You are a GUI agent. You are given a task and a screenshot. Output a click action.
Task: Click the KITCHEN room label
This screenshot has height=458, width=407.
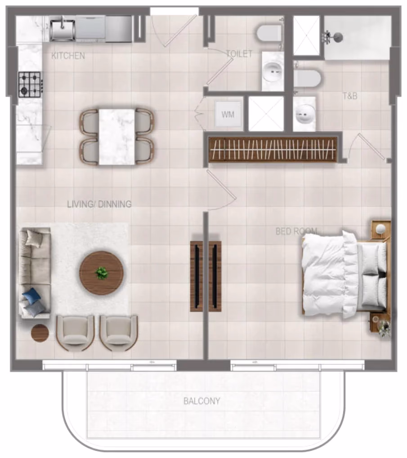click(x=68, y=55)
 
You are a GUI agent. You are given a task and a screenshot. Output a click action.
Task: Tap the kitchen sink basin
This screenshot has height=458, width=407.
click(x=63, y=30)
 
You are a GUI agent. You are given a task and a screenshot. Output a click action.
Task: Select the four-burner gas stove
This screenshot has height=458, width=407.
click(x=30, y=84)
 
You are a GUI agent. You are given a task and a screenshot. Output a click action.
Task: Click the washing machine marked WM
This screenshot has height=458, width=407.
click(x=228, y=115)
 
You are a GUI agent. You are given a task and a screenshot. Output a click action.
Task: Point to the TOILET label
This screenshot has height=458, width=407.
click(x=239, y=54)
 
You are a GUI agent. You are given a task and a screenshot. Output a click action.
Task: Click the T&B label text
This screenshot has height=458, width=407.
click(x=350, y=96)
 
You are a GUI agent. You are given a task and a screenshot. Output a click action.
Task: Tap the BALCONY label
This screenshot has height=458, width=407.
click(x=201, y=401)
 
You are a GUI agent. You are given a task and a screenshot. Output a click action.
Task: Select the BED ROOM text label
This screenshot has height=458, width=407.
click(x=296, y=231)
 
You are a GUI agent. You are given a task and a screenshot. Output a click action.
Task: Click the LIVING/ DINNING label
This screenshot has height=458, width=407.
click(x=99, y=204)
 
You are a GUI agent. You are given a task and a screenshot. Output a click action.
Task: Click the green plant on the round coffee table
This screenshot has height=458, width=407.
click(x=101, y=273)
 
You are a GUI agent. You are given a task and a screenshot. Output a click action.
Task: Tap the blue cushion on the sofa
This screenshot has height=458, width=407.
click(x=31, y=296)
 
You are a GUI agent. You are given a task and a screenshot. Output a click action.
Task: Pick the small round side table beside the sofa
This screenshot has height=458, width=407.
click(x=40, y=333)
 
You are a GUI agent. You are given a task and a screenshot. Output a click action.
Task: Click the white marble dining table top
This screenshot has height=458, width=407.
click(x=117, y=137)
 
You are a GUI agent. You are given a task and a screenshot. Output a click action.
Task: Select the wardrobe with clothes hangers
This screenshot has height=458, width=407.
click(x=272, y=150)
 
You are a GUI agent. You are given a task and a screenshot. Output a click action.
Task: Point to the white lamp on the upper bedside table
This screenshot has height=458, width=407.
click(x=380, y=228)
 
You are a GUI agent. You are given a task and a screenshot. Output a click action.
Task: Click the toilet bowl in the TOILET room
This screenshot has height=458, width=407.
click(x=269, y=33)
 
